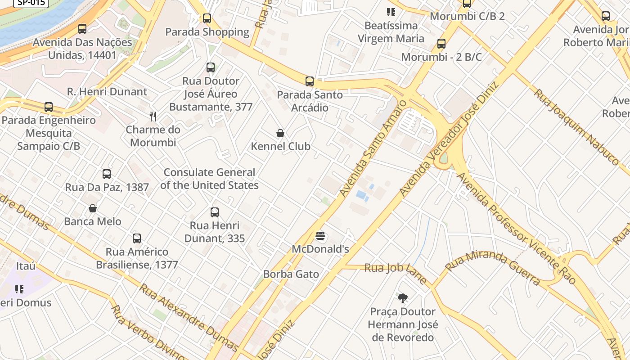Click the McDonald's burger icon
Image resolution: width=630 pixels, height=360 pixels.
coord(320,236)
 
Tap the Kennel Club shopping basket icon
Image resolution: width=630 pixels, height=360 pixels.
coord(280,133)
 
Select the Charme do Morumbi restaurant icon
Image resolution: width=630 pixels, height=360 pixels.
coord(153,117)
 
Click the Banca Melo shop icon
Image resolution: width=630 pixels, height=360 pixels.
coord(93,208)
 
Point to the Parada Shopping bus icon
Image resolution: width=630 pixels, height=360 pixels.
coord(207,18)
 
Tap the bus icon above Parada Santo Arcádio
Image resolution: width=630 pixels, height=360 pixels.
coord(310,81)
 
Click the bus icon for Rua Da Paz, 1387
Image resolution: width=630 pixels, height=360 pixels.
coord(107,174)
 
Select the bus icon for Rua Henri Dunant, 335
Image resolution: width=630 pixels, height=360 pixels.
coord(215,212)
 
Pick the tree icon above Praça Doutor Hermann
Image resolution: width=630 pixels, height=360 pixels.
coord(403,298)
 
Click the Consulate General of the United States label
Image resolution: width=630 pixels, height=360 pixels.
coord(209,179)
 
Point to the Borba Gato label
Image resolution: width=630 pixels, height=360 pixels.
coord(291,274)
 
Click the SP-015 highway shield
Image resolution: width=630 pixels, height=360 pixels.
coord(31,3)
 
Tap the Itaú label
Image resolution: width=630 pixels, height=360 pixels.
coord(26,266)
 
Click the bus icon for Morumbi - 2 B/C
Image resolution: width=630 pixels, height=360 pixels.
coord(441,44)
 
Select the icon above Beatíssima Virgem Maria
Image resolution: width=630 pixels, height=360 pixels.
coord(391,12)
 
